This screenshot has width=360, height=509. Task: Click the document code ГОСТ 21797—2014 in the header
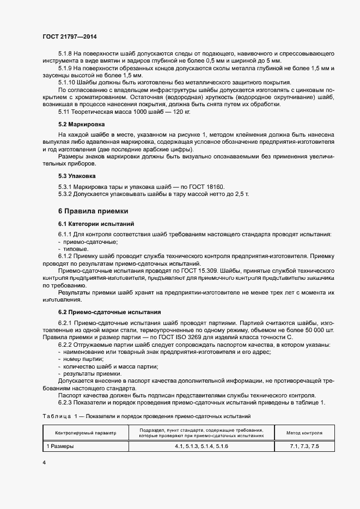69,36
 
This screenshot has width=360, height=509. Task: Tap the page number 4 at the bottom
44,462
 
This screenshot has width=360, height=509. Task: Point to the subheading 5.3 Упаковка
77,176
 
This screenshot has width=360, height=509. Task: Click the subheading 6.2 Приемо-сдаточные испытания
109,312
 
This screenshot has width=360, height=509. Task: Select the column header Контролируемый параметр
86,433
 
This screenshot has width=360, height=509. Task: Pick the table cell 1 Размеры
59,446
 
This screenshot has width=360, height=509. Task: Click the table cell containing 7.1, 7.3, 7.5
304,446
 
